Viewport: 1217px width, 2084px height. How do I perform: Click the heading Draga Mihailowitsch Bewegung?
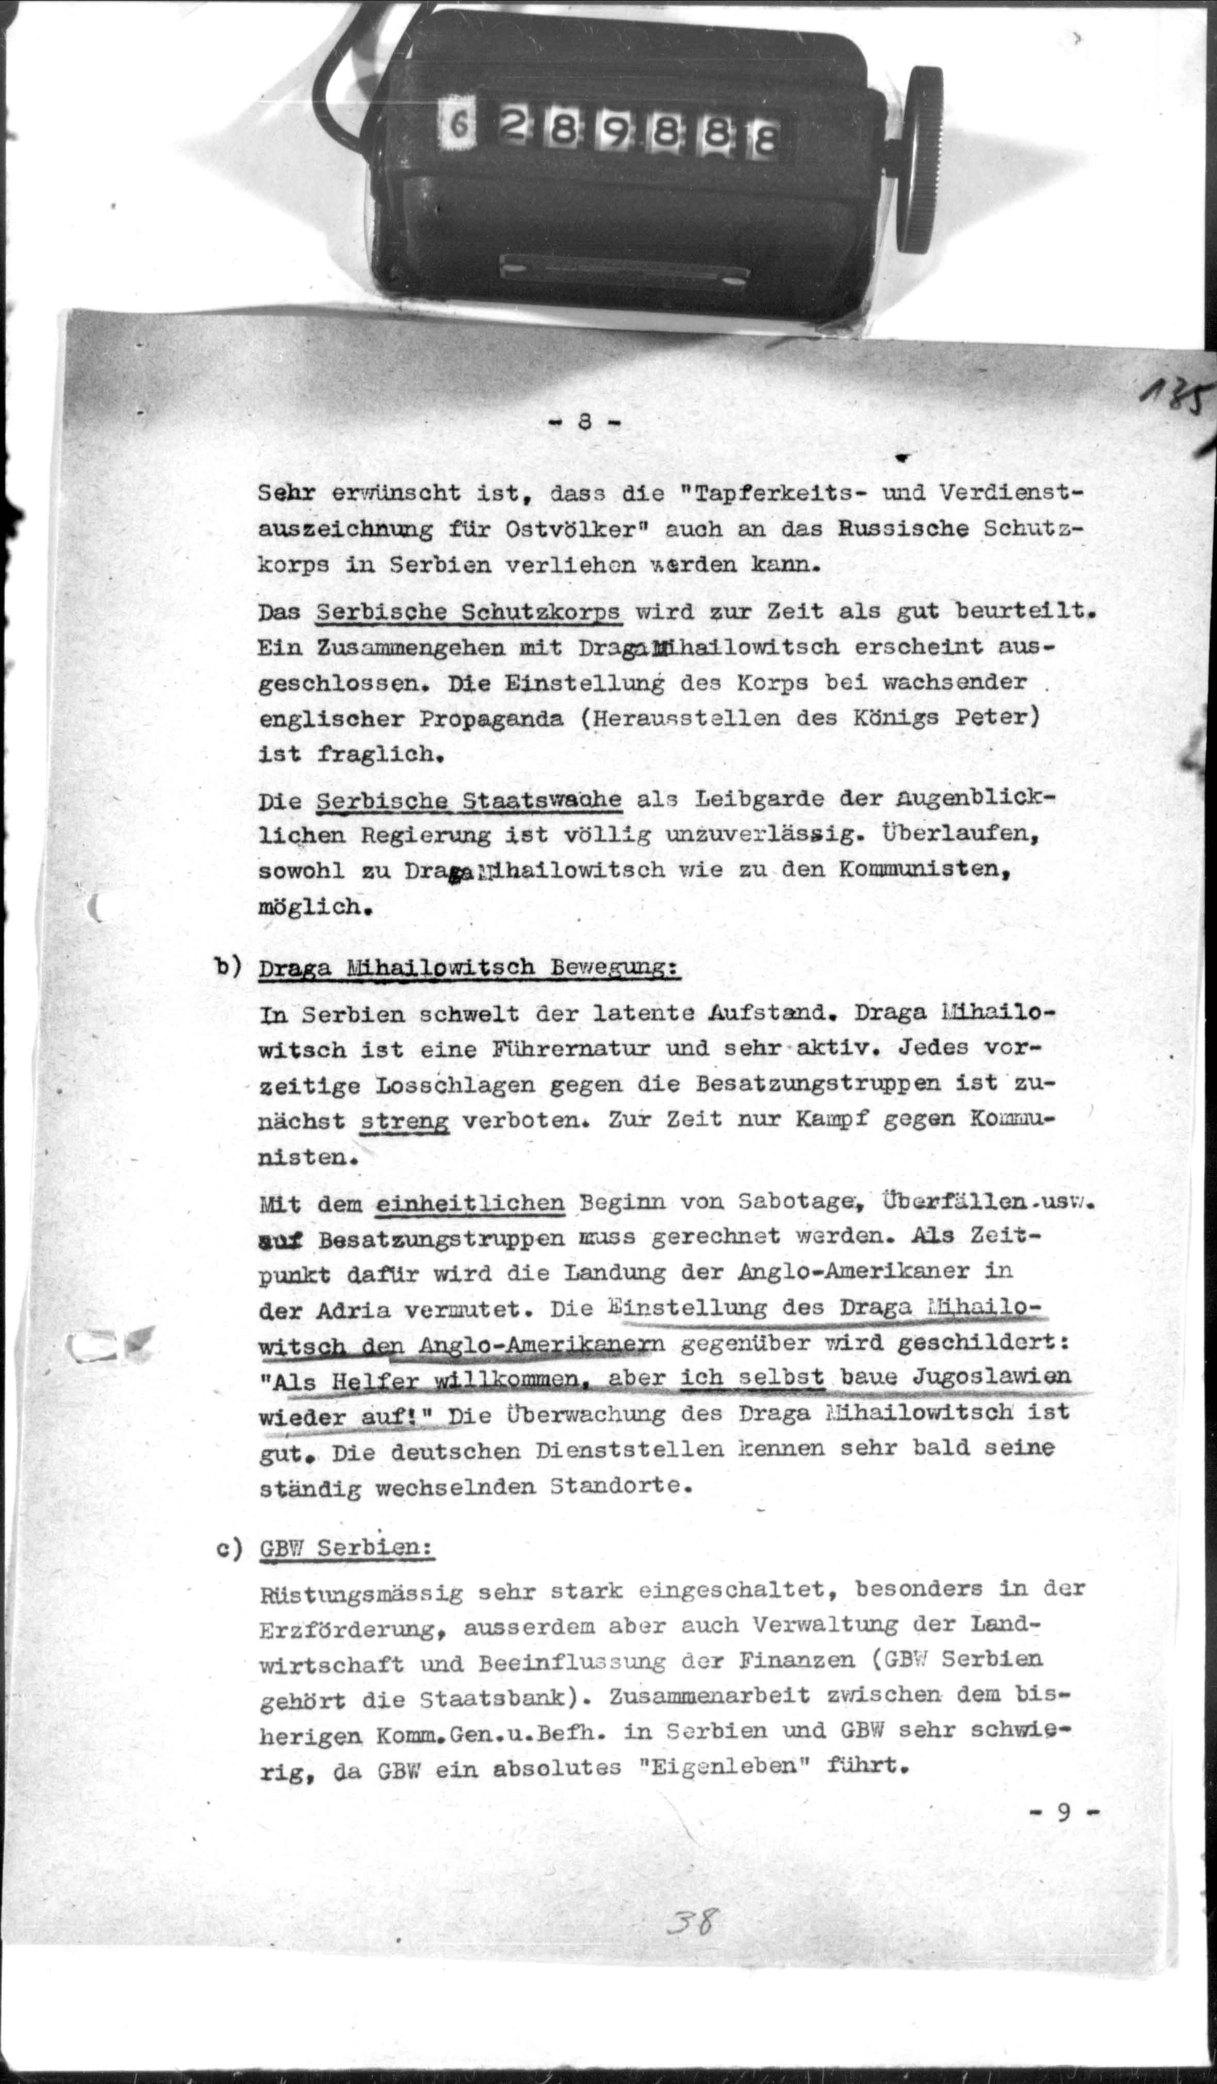tap(469, 968)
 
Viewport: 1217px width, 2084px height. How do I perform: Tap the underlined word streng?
tap(405, 1121)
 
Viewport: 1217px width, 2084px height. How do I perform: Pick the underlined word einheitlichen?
tap(470, 1203)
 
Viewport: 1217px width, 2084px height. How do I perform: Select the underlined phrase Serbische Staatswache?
tap(469, 801)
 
